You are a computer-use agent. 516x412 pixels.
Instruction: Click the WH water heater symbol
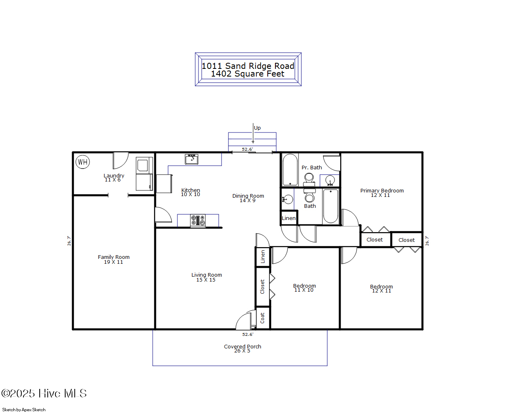(83, 162)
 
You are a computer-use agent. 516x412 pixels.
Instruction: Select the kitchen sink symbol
(192, 159)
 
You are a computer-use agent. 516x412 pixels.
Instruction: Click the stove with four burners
(198, 221)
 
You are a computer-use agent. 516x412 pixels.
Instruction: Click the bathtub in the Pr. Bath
(290, 170)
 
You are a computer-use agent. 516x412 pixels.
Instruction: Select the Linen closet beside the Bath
(289, 218)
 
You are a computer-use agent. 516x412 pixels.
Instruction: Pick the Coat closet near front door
(262, 318)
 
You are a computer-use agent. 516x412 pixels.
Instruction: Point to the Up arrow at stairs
(254, 134)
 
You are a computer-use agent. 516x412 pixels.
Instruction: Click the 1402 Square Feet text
(247, 74)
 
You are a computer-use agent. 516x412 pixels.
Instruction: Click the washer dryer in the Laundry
(144, 173)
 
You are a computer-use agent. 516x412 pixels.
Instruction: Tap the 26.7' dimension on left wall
(69, 241)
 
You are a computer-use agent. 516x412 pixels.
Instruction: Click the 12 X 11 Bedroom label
(381, 288)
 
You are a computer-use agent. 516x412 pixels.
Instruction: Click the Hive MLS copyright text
(44, 393)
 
